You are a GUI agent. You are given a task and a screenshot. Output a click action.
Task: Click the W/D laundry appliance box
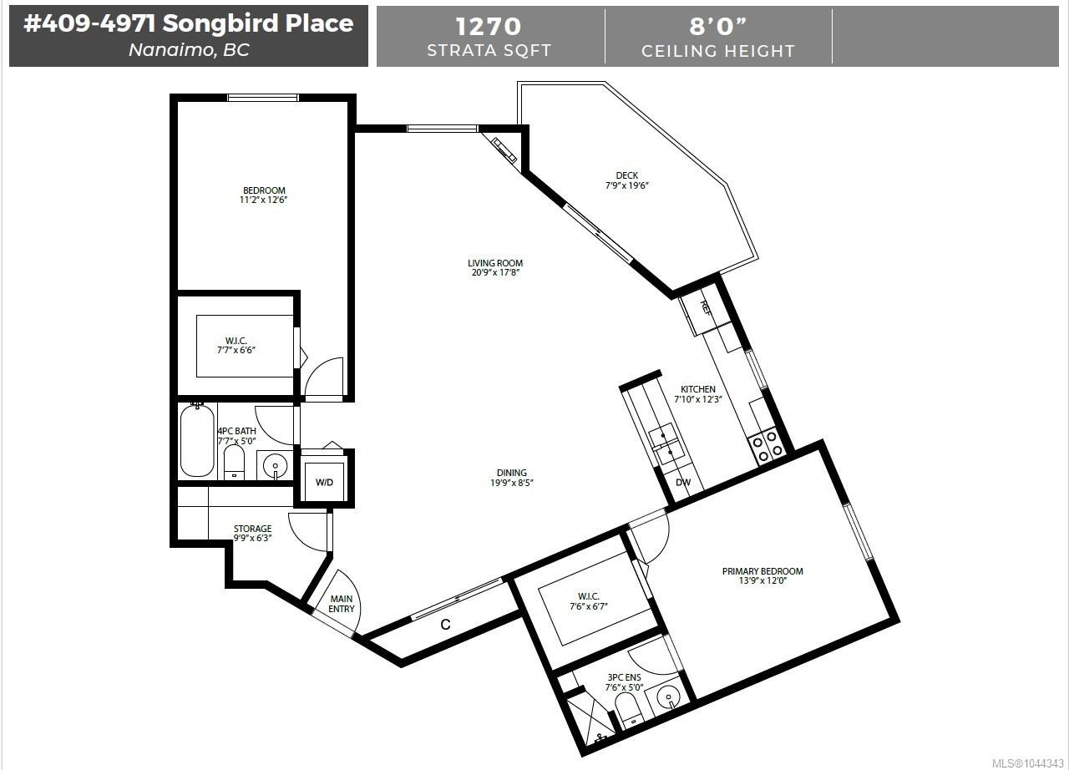click(x=325, y=481)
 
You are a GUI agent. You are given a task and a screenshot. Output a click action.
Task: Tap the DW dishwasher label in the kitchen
click(x=683, y=483)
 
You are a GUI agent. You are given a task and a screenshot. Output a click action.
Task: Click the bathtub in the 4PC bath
click(x=197, y=440)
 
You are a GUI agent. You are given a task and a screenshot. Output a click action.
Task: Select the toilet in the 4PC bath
click(x=234, y=463)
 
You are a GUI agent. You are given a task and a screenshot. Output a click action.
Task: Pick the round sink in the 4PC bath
click(x=275, y=465)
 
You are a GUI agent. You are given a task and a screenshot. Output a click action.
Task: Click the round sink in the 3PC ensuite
click(x=668, y=698)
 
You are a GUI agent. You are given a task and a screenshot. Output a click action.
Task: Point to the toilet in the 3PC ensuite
click(x=628, y=711)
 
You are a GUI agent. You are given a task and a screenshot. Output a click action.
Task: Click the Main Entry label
click(x=342, y=604)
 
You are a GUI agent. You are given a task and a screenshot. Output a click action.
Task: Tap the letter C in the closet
click(x=445, y=625)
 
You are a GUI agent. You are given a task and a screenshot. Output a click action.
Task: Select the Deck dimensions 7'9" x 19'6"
click(x=627, y=185)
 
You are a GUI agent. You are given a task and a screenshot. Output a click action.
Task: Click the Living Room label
click(x=495, y=263)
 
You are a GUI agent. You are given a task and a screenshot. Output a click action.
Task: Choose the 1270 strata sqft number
click(x=489, y=27)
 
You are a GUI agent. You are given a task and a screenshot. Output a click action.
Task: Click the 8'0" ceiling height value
click(x=717, y=26)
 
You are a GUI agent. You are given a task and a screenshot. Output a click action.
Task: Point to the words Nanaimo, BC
click(x=189, y=50)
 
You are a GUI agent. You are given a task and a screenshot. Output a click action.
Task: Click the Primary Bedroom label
click(x=762, y=571)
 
